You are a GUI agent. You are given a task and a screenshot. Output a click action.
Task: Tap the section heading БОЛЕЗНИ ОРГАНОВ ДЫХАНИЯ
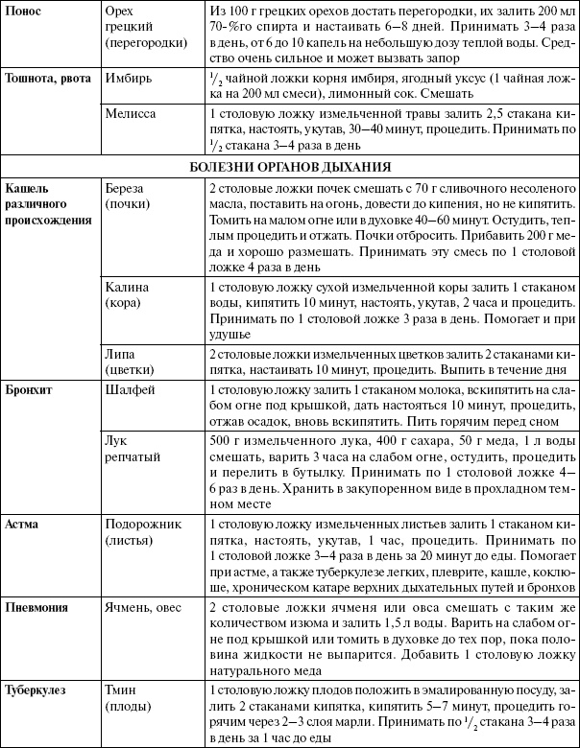click(289, 166)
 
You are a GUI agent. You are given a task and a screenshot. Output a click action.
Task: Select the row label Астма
click(23, 526)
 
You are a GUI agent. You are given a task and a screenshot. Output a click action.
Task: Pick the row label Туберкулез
click(37, 690)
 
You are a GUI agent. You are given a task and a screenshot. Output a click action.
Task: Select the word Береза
click(128, 186)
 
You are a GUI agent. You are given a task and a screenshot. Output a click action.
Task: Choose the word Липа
click(122, 355)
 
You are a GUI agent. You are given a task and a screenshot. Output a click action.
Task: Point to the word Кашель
click(26, 186)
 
